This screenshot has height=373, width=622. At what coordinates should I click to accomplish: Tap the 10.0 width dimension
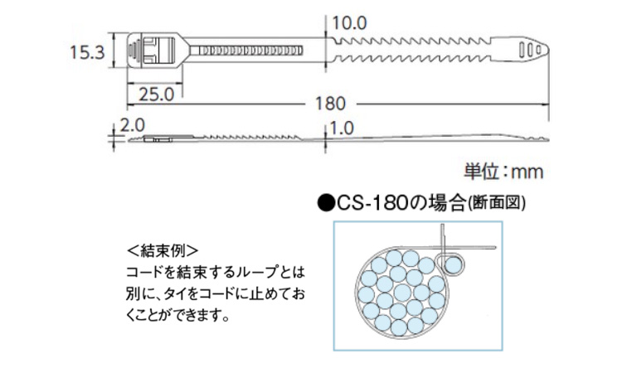tap(349, 23)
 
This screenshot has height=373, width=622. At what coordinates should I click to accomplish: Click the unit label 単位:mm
tap(503, 172)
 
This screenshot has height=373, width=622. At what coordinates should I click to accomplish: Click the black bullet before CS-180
tap(325, 201)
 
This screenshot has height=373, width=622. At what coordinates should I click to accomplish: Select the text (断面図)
tap(497, 201)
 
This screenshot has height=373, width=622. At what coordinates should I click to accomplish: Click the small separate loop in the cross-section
tap(453, 264)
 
